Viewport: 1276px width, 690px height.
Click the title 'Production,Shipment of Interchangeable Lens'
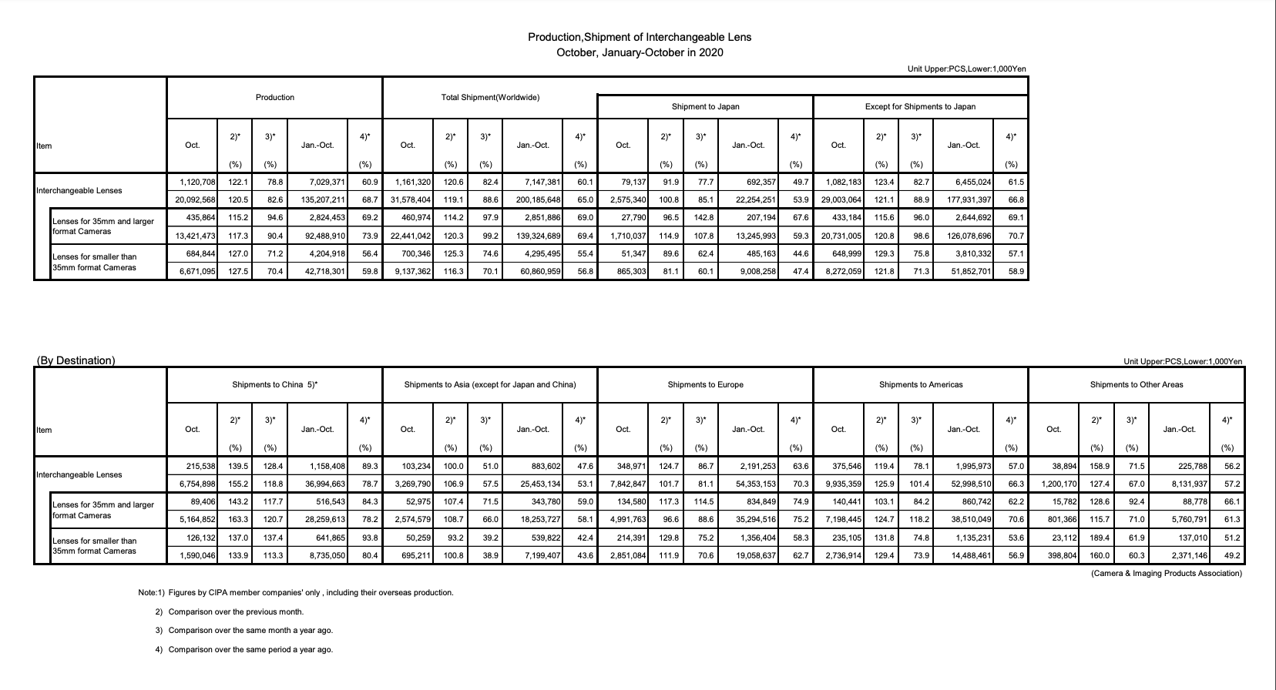pos(639,37)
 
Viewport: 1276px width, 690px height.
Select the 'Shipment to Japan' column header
pos(705,106)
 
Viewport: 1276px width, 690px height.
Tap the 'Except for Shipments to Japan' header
pos(920,106)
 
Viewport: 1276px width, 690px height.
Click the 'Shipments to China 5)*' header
pos(275,384)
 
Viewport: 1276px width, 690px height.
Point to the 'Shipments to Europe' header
pos(705,384)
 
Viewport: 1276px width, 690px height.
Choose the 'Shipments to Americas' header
pos(920,384)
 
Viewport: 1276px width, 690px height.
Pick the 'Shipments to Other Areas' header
pos(1136,384)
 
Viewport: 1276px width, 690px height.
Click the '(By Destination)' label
pos(76,360)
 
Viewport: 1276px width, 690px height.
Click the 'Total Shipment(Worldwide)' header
pos(490,97)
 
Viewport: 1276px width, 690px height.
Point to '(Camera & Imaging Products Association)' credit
pos(1167,573)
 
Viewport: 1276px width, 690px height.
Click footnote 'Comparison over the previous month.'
pos(236,611)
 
